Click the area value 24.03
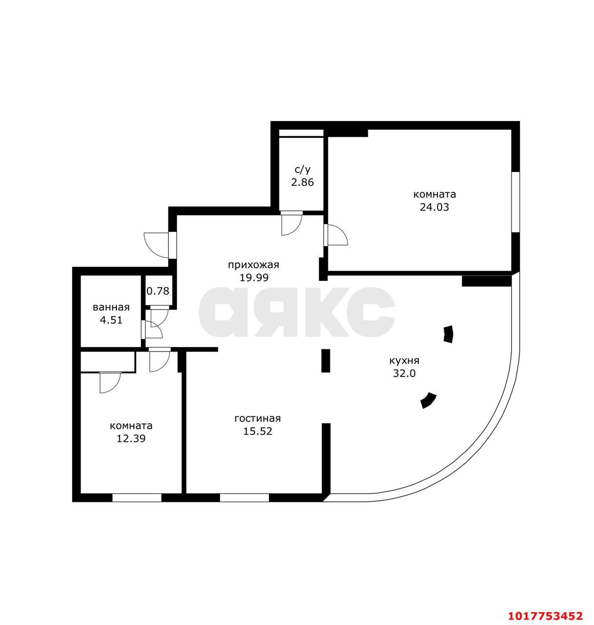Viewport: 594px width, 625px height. click(x=434, y=207)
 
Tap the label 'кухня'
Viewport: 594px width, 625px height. click(x=404, y=361)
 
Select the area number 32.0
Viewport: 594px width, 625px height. click(x=404, y=374)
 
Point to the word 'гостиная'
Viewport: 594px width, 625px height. click(x=258, y=418)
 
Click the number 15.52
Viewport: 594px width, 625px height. click(x=258, y=431)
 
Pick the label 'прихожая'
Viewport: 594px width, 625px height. click(x=254, y=265)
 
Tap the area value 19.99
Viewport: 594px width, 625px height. click(x=254, y=278)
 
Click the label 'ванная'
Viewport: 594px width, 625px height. click(x=111, y=308)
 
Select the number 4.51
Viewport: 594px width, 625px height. click(x=111, y=320)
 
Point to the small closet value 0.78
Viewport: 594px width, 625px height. click(x=158, y=291)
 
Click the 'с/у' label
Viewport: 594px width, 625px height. click(x=303, y=170)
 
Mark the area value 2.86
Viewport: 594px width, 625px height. click(x=303, y=183)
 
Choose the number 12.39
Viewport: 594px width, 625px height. click(x=131, y=438)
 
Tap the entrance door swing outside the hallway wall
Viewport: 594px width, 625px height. click(x=156, y=245)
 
